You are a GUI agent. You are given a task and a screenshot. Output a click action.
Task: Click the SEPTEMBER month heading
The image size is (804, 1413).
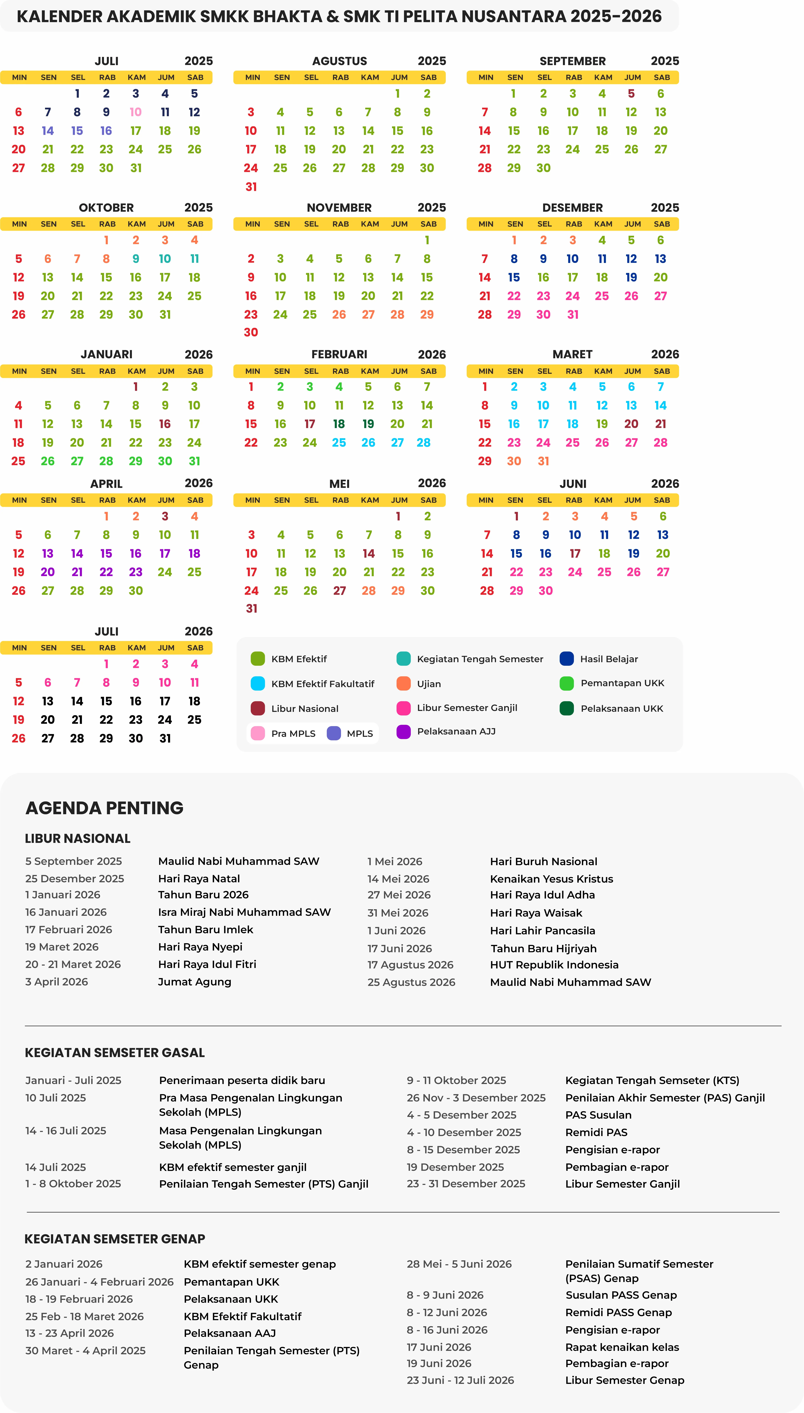pyautogui.click(x=573, y=61)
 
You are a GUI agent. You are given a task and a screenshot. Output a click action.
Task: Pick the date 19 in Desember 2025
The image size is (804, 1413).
pyautogui.click(x=631, y=277)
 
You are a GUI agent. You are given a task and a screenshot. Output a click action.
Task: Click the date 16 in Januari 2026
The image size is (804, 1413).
pyautogui.click(x=165, y=424)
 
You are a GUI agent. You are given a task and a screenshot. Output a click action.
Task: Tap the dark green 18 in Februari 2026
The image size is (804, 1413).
pyautogui.click(x=339, y=424)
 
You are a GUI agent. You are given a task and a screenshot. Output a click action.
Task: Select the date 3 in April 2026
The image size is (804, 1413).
pyautogui.click(x=165, y=516)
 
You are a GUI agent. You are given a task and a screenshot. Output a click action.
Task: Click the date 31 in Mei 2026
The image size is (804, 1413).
pyautogui.click(x=251, y=608)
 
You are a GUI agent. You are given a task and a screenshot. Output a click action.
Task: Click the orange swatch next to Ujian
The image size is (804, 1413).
pyautogui.click(x=404, y=683)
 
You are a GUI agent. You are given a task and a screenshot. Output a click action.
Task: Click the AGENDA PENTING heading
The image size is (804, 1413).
pyautogui.click(x=104, y=808)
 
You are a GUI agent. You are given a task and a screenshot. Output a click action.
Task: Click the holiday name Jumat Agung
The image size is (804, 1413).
pyautogui.click(x=194, y=981)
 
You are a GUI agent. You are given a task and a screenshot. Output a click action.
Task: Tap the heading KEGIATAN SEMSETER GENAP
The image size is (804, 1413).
pyautogui.click(x=115, y=1239)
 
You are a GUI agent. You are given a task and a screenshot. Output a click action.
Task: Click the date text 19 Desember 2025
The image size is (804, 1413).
pyautogui.click(x=455, y=1167)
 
